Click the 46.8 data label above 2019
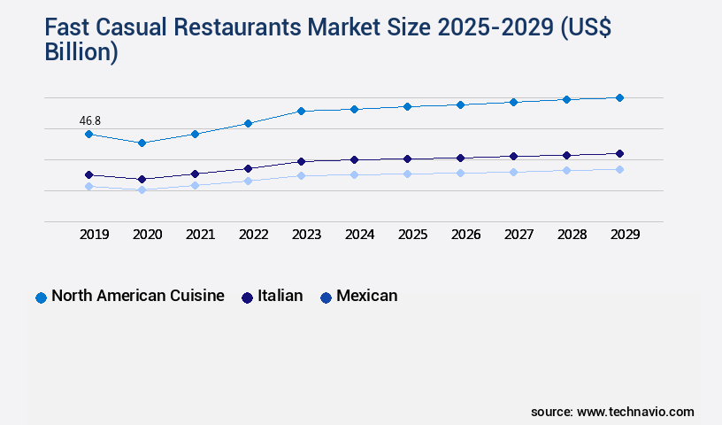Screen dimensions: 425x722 [x=88, y=120]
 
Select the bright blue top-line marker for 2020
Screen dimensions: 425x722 [x=142, y=143]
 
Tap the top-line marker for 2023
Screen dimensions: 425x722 [x=301, y=111]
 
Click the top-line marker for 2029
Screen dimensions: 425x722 [x=619, y=97]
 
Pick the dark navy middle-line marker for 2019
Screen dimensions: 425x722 [x=88, y=174]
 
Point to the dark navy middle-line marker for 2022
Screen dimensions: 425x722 [x=248, y=168]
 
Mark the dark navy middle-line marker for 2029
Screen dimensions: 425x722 [x=619, y=153]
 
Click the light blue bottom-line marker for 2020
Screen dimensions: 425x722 [x=142, y=189]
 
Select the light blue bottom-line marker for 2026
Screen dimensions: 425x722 [x=460, y=173]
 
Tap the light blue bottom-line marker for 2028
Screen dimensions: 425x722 [x=566, y=170]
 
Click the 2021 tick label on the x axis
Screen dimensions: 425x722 [x=200, y=235]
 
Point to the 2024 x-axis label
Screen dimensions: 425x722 [x=359, y=235]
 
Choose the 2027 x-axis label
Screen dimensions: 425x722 [x=518, y=235]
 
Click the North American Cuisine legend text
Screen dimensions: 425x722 [x=137, y=296]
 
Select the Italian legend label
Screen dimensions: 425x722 [x=280, y=296]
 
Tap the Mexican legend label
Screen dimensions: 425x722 [x=366, y=296]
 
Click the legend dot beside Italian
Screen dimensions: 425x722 [x=247, y=297]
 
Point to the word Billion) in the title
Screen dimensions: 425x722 [x=81, y=52]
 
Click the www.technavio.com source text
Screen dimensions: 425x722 [x=635, y=412]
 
